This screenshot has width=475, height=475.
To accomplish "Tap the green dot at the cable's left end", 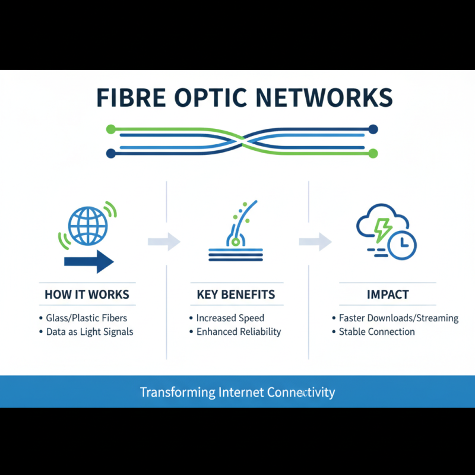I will coord(110,129).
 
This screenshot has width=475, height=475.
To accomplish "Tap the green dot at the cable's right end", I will coord(373,153).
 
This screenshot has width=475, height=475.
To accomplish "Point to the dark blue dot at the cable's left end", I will coord(110,153).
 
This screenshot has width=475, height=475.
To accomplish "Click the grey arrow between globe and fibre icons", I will coord(164,241).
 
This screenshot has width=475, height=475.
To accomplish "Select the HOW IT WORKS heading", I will coord(87,294).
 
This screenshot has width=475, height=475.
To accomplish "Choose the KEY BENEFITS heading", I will coord(236,294).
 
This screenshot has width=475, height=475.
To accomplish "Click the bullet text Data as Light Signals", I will coord(90,332).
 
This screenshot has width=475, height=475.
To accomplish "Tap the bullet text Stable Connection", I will coord(376,332).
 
